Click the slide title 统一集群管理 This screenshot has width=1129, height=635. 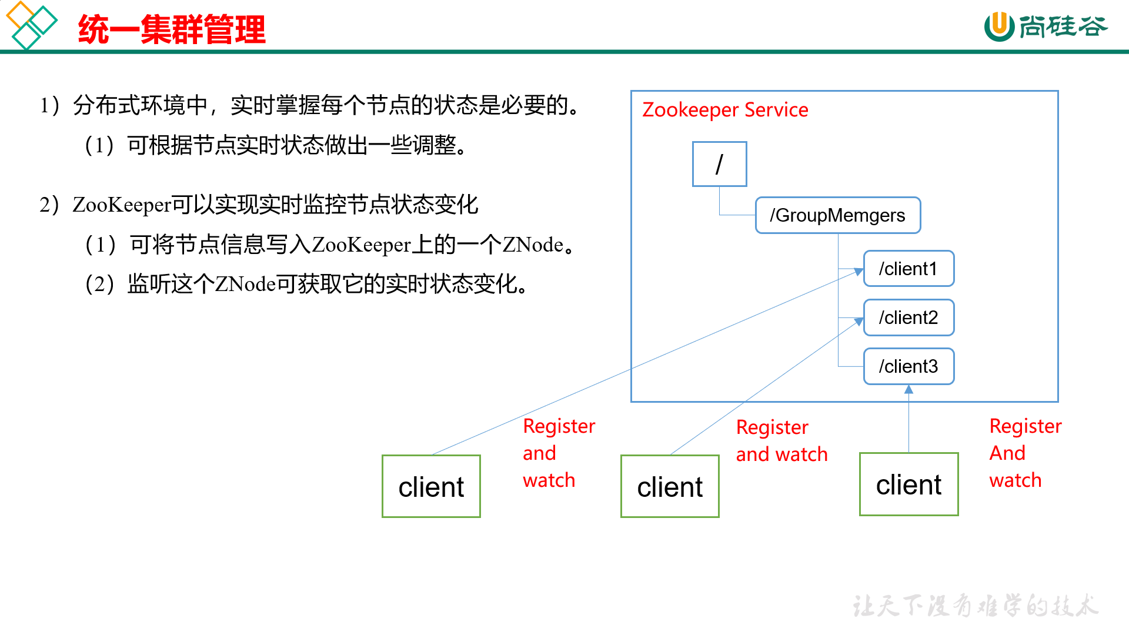click(x=172, y=29)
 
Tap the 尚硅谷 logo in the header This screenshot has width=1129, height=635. click(x=1046, y=26)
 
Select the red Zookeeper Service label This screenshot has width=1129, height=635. click(x=724, y=110)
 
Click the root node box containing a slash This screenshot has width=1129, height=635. click(x=719, y=164)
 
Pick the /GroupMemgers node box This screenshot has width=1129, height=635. click(x=837, y=215)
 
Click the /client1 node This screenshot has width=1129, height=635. click(x=908, y=269)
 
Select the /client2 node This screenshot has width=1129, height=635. click(x=908, y=317)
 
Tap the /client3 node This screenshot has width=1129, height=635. click(x=908, y=366)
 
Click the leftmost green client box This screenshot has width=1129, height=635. click(x=431, y=486)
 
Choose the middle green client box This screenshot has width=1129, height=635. click(x=670, y=486)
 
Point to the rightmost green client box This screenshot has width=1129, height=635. click(x=908, y=484)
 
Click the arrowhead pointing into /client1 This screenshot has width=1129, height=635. click(x=859, y=272)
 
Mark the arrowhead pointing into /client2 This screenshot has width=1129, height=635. click(x=859, y=322)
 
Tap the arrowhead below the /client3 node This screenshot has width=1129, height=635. click(x=908, y=389)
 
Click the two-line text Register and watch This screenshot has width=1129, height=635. click(x=781, y=440)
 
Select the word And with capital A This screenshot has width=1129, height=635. click(x=1007, y=453)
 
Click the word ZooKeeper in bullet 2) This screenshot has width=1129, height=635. click(x=121, y=205)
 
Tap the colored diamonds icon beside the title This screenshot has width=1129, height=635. click(x=31, y=25)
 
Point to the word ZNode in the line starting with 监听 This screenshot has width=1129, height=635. click(x=245, y=285)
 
